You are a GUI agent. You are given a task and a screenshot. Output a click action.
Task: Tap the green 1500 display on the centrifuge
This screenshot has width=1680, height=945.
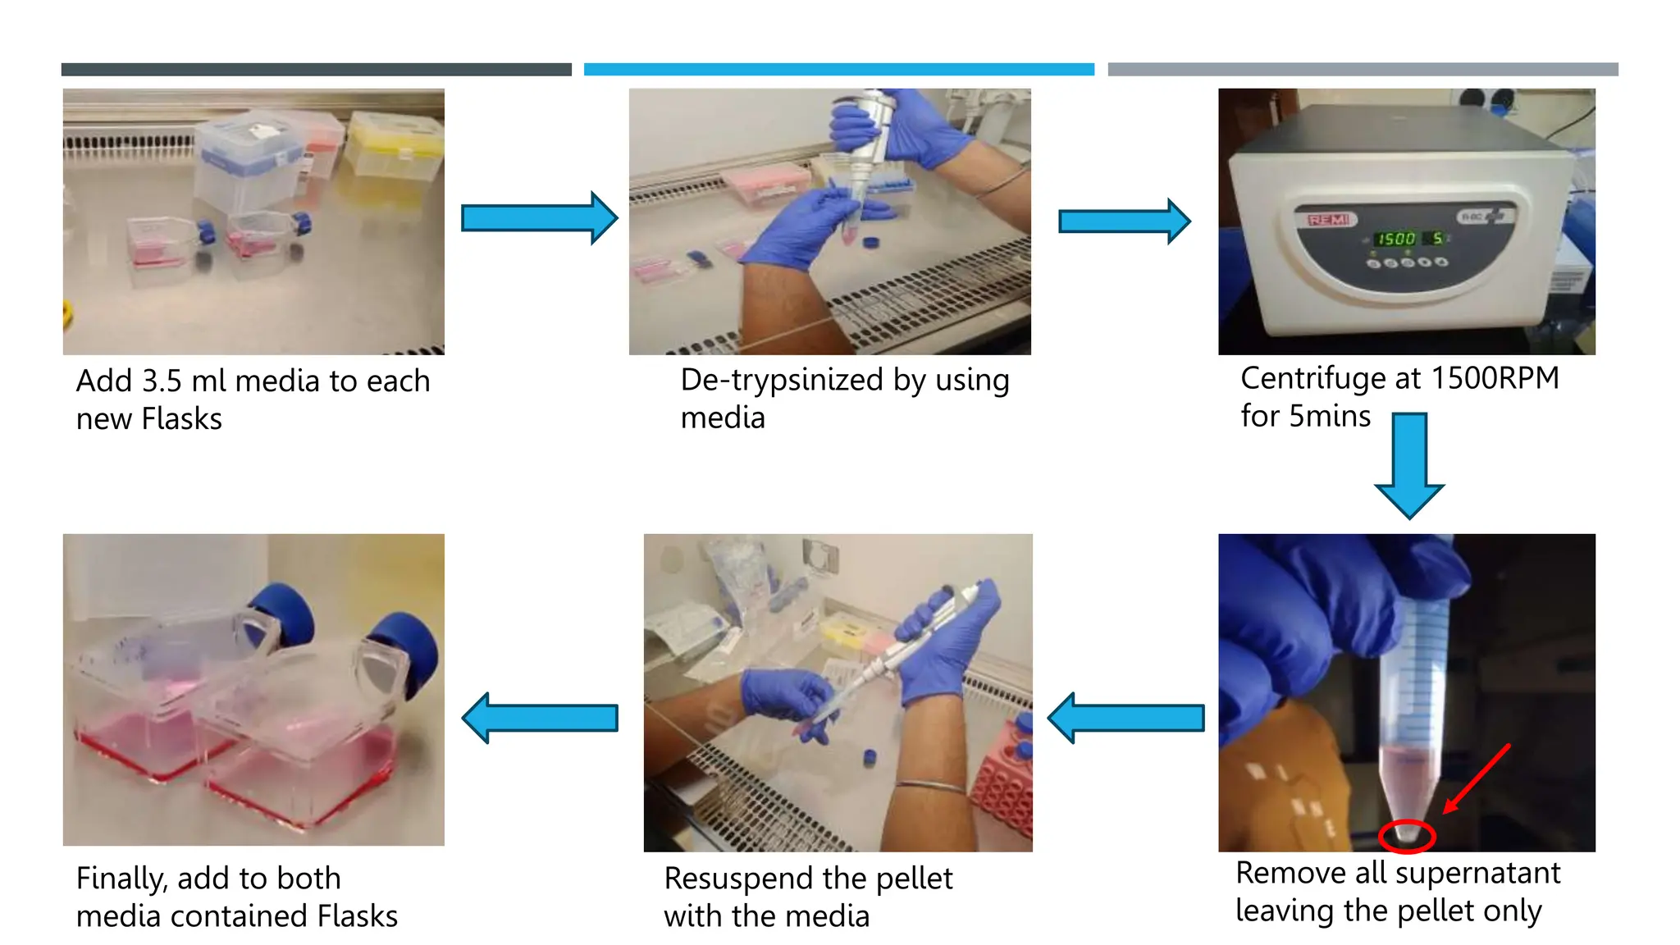coord(1396,239)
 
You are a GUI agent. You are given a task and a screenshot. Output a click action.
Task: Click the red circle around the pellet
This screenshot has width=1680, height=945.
coord(1407,836)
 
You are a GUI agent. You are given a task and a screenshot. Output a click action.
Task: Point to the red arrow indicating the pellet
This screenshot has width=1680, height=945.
coord(1477,778)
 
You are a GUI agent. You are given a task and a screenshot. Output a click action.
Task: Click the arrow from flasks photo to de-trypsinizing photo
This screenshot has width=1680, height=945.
coord(538,218)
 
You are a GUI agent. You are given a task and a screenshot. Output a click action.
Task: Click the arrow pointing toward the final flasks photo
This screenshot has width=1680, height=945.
coord(540,718)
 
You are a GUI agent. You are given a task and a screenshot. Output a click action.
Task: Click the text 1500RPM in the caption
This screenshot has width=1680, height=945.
coord(1495,378)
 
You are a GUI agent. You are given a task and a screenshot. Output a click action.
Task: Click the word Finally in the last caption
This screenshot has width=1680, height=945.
coord(121,879)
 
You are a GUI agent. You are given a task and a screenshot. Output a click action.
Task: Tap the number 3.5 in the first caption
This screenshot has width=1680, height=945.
coord(162,381)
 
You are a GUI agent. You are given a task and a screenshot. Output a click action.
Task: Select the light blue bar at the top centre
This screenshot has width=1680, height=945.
coord(838,70)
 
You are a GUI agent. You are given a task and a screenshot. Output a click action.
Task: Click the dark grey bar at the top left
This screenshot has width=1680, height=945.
coord(316,70)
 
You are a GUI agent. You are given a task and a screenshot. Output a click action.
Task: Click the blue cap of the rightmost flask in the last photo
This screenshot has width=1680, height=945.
coord(408,648)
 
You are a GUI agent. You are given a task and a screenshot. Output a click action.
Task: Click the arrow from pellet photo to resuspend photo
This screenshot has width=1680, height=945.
coord(1125,718)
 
